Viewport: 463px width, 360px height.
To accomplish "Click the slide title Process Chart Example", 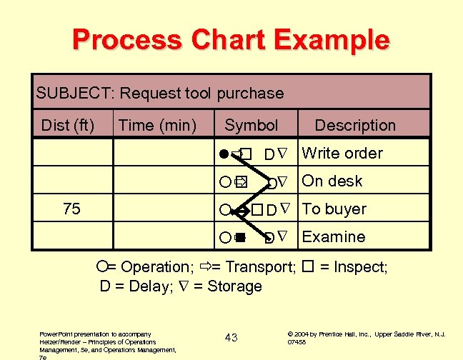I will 231,40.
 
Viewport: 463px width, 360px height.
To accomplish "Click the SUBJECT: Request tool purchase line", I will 160,93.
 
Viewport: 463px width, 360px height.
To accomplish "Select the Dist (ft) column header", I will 68,126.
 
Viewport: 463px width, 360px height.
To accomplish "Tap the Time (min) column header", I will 157,126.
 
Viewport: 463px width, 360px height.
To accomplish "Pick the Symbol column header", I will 251,126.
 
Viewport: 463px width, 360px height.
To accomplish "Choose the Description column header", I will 354,126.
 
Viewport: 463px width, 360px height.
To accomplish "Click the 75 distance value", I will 71,209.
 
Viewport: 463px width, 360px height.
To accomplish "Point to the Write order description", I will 342,153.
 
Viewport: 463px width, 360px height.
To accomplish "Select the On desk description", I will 332,181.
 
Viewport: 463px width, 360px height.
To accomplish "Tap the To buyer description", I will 334,209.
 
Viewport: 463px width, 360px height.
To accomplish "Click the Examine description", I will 334,236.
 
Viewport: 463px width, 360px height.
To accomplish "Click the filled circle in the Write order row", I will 224,153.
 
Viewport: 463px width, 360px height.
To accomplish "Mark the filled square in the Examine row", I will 242,237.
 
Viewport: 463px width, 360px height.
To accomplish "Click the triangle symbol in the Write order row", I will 282,153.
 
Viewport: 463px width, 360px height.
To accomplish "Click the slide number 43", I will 231,337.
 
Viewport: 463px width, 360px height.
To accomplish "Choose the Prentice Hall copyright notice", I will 366,337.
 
